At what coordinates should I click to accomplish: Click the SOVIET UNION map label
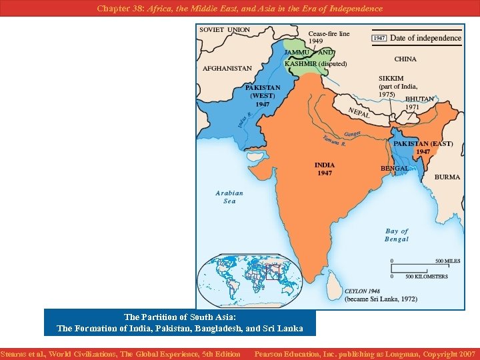[225, 30]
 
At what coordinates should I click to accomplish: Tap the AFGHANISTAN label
[227, 68]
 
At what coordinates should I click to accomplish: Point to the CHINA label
[405, 59]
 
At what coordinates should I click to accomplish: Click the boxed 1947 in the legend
[379, 38]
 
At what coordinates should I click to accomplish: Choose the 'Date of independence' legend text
[425, 38]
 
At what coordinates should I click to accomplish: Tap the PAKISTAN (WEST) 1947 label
[263, 95]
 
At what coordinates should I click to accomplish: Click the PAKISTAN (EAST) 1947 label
[423, 147]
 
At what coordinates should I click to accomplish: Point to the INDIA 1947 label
[325, 169]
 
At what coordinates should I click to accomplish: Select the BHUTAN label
[419, 99]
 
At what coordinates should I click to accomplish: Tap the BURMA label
[447, 177]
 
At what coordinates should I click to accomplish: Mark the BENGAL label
[395, 169]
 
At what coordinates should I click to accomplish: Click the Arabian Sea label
[229, 197]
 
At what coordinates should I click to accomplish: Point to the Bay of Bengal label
[397, 235]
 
